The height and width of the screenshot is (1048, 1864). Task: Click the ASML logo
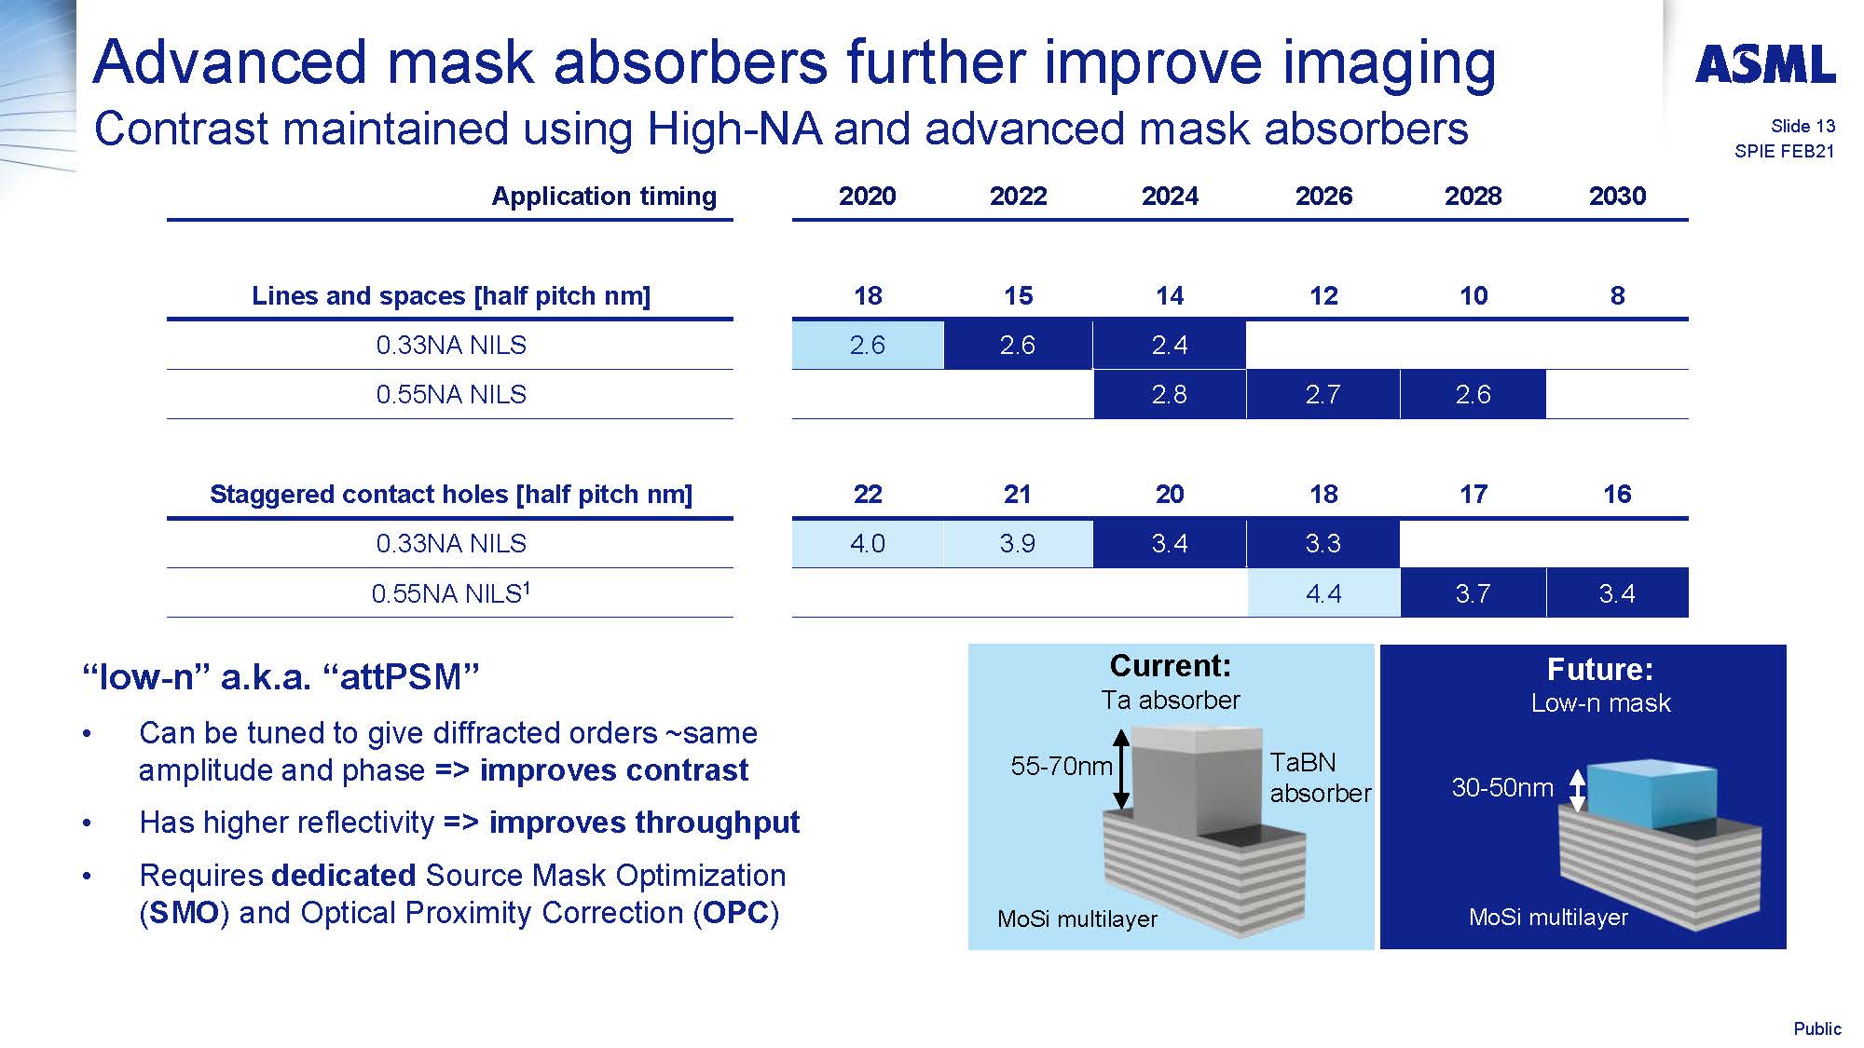pyautogui.click(x=1765, y=64)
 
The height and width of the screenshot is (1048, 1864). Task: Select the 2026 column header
pyautogui.click(x=1323, y=196)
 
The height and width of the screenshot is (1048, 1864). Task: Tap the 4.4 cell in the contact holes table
pyautogui.click(x=1323, y=592)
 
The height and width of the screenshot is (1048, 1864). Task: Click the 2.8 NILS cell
pyautogui.click(x=1170, y=394)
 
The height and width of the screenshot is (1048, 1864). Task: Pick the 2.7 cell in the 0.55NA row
pyautogui.click(x=1323, y=394)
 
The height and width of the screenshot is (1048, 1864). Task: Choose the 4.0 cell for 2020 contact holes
pyautogui.click(x=868, y=543)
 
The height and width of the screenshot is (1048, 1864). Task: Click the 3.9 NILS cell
pyautogui.click(x=1018, y=543)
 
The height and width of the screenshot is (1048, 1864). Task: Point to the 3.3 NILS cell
pyautogui.click(x=1323, y=543)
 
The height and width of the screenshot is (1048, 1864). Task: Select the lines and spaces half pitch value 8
pyautogui.click(x=1618, y=295)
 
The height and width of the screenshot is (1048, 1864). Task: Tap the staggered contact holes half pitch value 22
pyautogui.click(x=868, y=494)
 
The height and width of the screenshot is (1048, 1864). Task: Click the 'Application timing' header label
pyautogui.click(x=604, y=197)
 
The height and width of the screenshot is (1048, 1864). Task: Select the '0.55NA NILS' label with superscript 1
pyautogui.click(x=451, y=592)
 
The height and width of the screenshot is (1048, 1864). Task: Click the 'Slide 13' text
pyautogui.click(x=1802, y=126)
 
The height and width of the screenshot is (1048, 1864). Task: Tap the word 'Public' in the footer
pyautogui.click(x=1817, y=1028)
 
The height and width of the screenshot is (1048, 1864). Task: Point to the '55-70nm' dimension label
pyautogui.click(x=1062, y=766)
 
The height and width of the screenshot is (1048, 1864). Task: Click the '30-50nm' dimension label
pyautogui.click(x=1502, y=788)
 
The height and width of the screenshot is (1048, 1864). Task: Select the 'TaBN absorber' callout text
pyautogui.click(x=1320, y=778)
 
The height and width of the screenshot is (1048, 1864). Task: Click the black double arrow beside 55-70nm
pyautogui.click(x=1122, y=769)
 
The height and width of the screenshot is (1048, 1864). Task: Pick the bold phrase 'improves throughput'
pyautogui.click(x=644, y=823)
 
